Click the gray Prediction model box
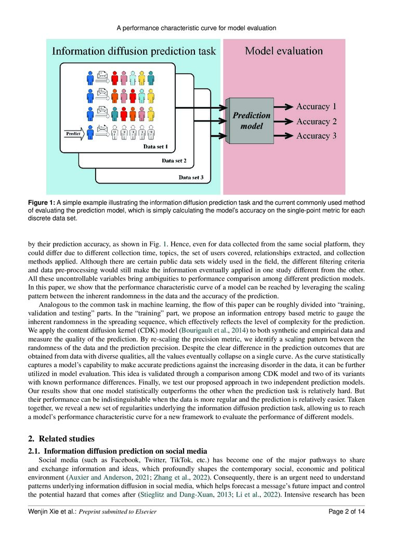pyautogui.click(x=251, y=121)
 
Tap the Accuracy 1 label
pyautogui.click(x=316, y=107)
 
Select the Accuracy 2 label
pyautogui.click(x=316, y=122)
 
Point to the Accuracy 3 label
pyautogui.click(x=316, y=136)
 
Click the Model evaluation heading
pyautogui.click(x=284, y=51)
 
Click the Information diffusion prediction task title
pyautogui.click(x=133, y=51)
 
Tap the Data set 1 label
pyautogui.click(x=159, y=147)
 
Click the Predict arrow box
pyautogui.click(x=75, y=134)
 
